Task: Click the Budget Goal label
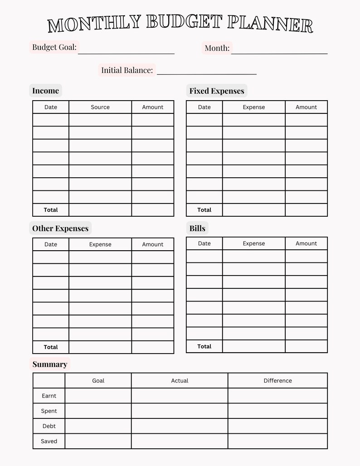(x=54, y=47)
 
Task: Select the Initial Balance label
(x=126, y=70)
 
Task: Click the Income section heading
(x=45, y=91)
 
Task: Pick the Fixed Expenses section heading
(x=216, y=91)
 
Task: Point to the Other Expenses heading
(x=60, y=228)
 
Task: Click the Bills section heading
(x=197, y=228)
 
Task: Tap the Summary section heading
(x=49, y=364)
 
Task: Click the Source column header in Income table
(x=100, y=107)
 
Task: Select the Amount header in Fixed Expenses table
(x=306, y=107)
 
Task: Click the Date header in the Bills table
(x=204, y=243)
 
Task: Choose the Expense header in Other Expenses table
(x=100, y=244)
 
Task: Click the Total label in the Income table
(x=51, y=210)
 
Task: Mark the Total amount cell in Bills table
(x=306, y=346)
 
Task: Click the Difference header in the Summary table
(x=277, y=381)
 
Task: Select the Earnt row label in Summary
(x=49, y=396)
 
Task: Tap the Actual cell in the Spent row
(x=180, y=411)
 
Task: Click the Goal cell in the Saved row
(x=98, y=441)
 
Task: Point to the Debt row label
(x=49, y=426)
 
